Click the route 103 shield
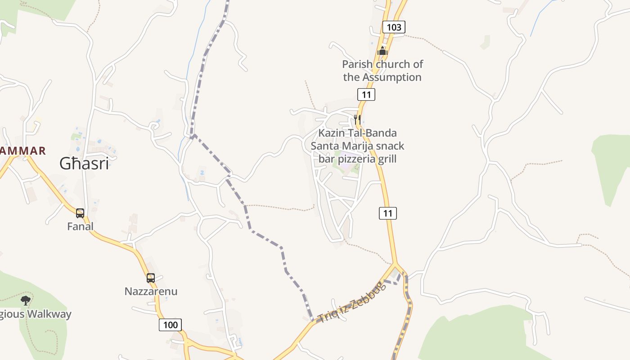click(394, 27)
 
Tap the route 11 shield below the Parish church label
click(366, 94)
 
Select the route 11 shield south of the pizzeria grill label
click(387, 213)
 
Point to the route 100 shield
click(170, 324)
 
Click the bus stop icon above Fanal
click(80, 213)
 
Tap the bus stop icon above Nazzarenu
click(151, 278)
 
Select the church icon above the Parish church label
click(382, 51)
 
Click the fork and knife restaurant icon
click(357, 119)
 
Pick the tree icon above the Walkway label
click(26, 300)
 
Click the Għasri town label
click(84, 164)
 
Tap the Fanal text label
click(80, 226)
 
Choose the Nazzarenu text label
click(151, 291)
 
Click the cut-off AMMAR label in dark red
click(22, 151)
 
